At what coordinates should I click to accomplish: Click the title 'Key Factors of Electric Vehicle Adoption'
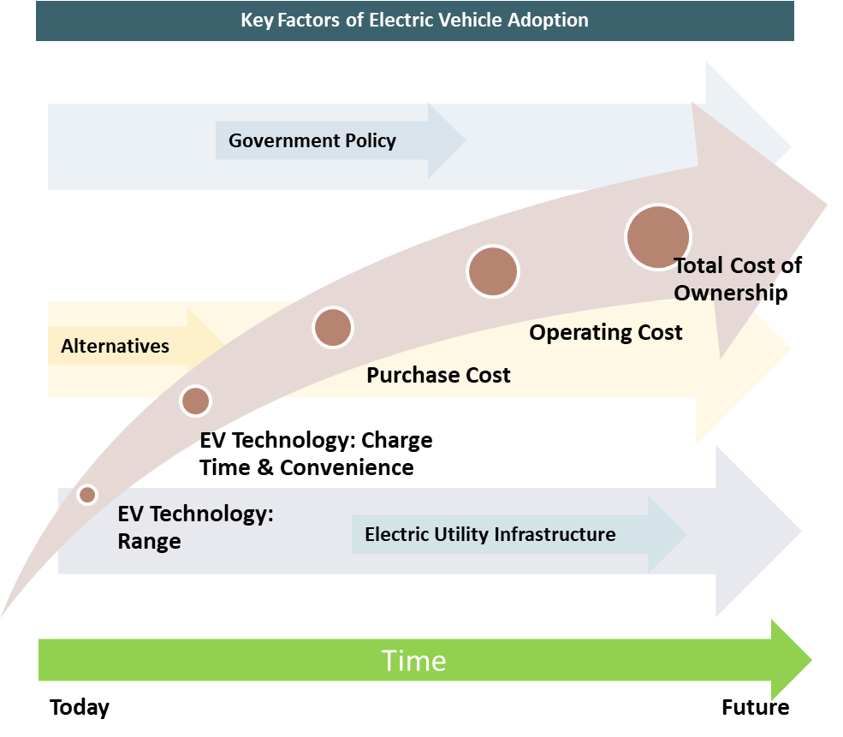(414, 21)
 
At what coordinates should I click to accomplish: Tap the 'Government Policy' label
(312, 141)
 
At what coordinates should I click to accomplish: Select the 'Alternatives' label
(115, 346)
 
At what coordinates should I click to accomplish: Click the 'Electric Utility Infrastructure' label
(490, 534)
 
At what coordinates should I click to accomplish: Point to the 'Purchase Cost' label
(438, 375)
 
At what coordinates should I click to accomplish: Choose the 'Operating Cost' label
(606, 333)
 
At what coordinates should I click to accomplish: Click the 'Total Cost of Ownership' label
(738, 279)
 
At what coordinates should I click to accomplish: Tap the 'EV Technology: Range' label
(196, 527)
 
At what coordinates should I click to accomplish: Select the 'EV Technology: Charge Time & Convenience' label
(316, 454)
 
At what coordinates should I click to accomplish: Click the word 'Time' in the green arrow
(414, 661)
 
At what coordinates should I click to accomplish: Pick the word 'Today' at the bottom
(80, 708)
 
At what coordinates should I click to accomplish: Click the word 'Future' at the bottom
(756, 707)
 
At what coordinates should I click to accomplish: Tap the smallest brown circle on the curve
(87, 495)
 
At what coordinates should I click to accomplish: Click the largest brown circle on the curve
(658, 237)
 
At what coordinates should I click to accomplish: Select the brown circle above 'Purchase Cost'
(333, 328)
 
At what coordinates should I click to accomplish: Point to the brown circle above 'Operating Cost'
(493, 271)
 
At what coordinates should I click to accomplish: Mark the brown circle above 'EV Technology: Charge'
(196, 401)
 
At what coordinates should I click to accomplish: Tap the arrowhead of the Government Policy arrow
(446, 141)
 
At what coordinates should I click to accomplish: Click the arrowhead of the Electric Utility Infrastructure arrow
(668, 535)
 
